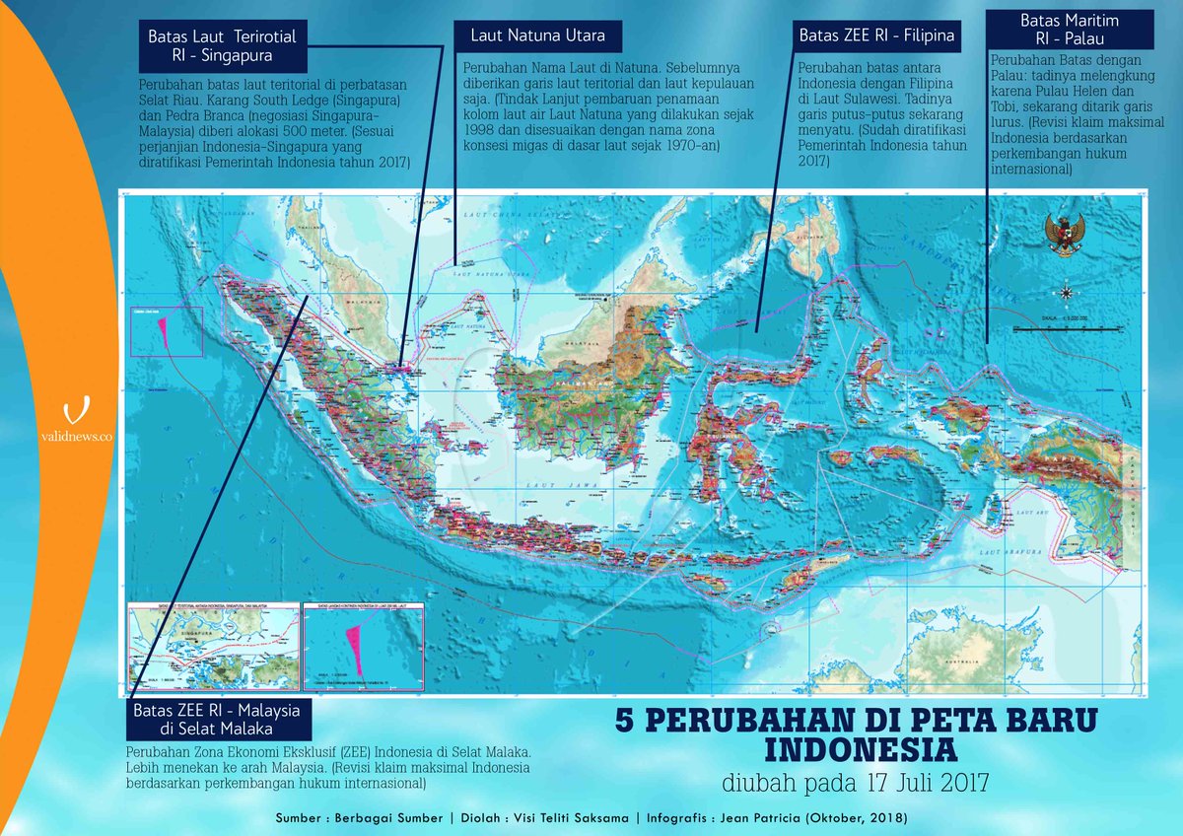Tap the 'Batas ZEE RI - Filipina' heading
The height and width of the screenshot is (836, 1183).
coord(873,37)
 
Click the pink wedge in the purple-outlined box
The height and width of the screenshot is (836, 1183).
coord(161,330)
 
